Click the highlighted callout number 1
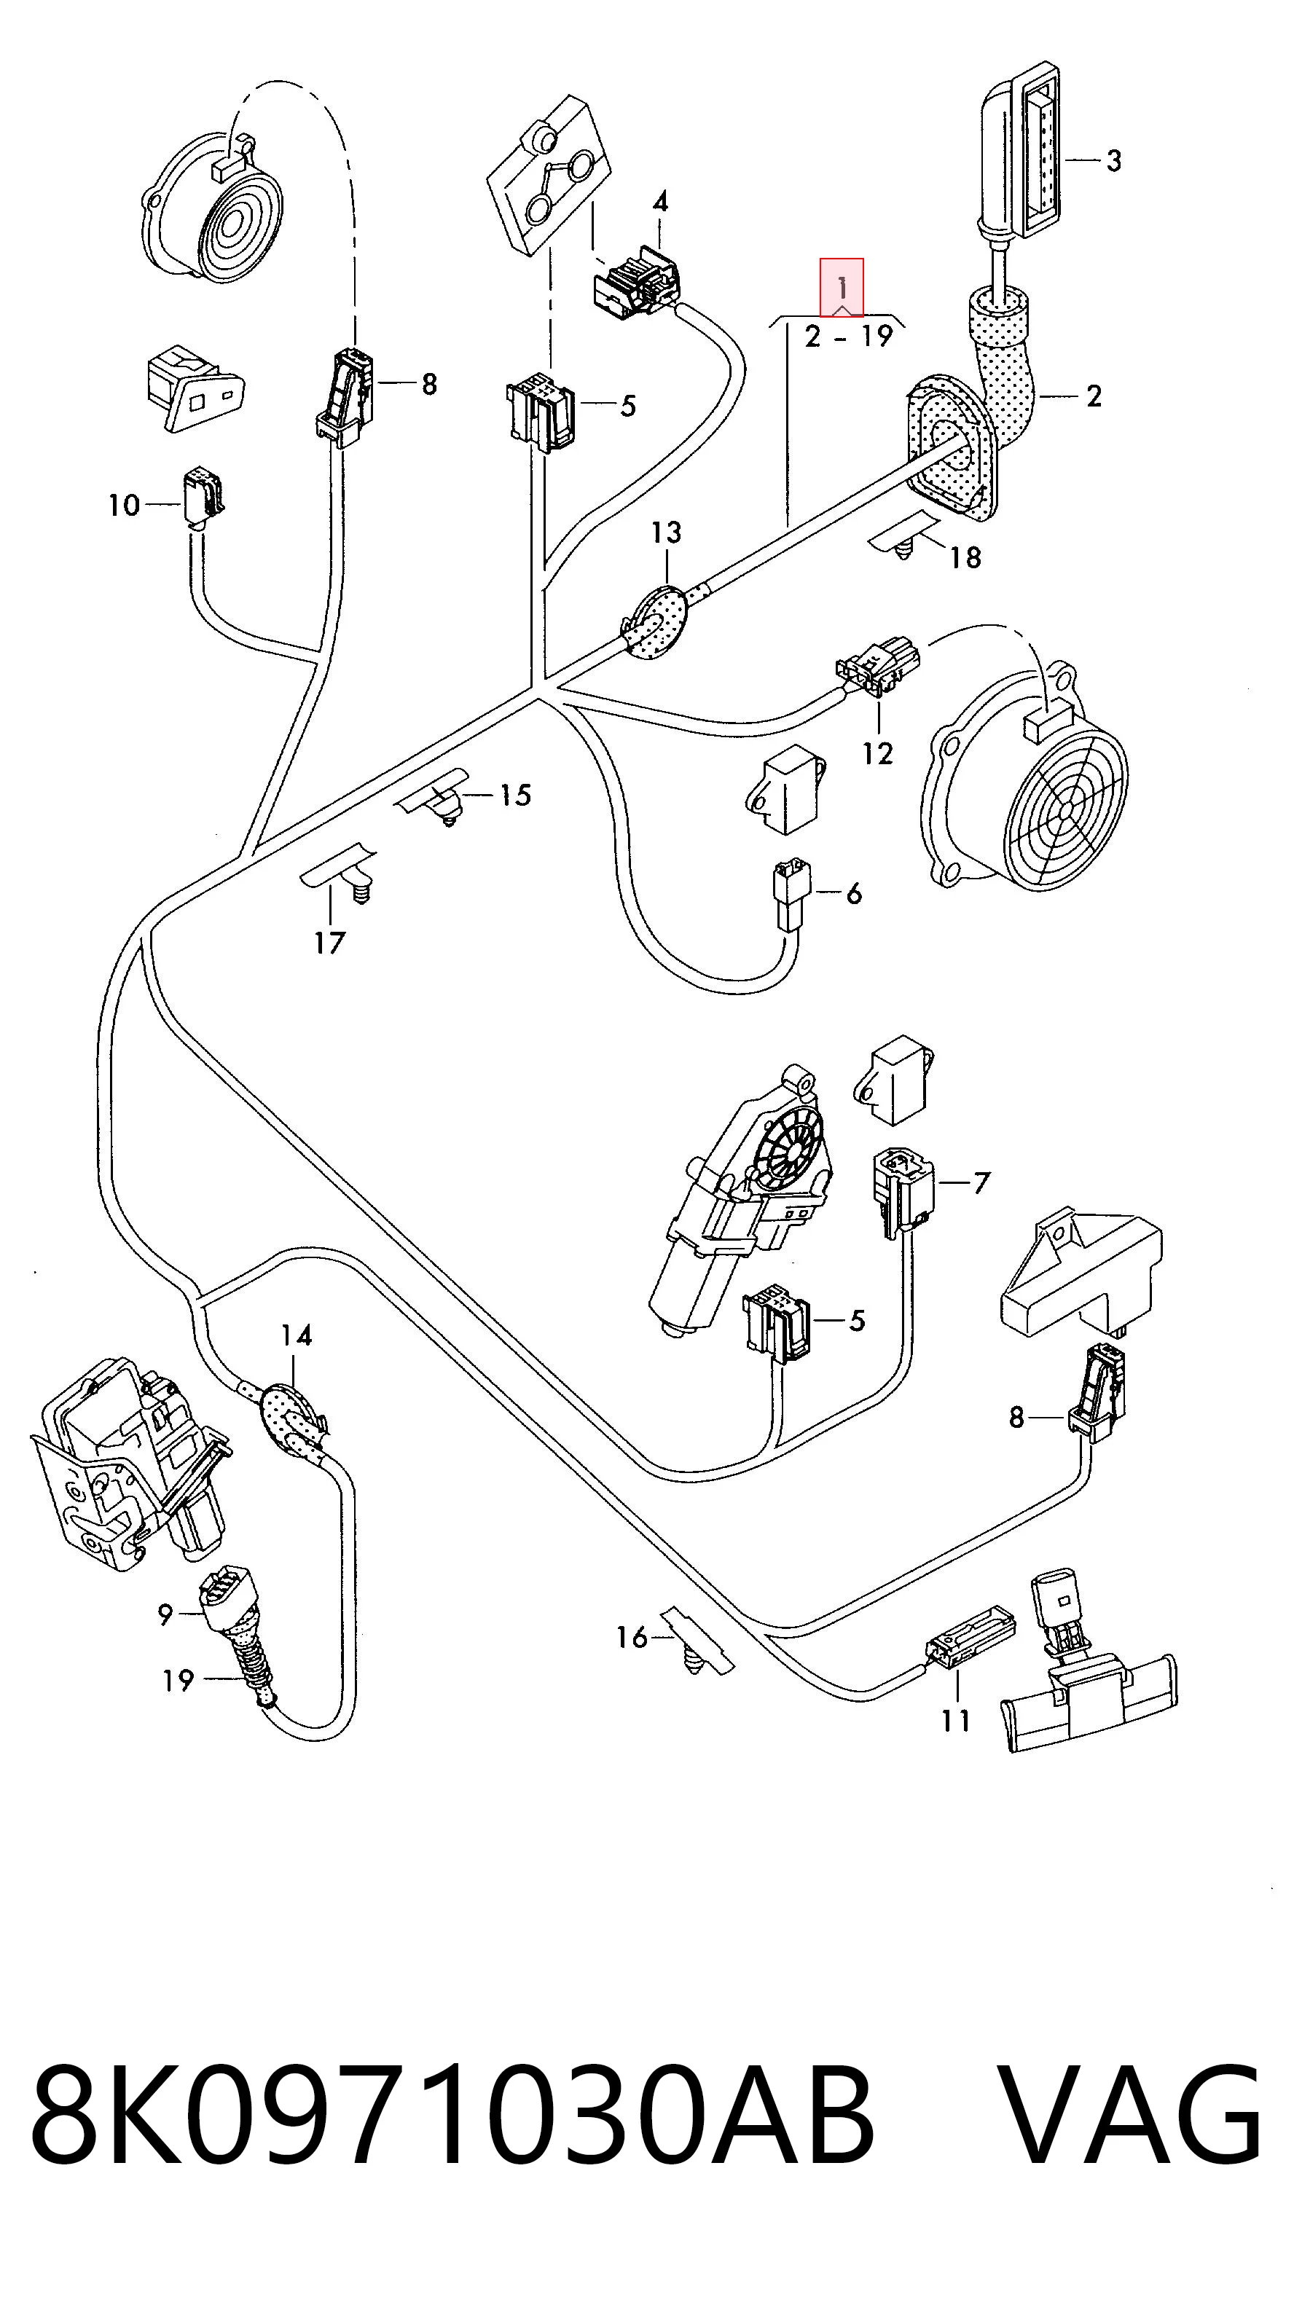(x=842, y=287)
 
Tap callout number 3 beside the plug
(x=1114, y=162)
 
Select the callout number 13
(x=666, y=533)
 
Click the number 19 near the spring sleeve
(x=179, y=1681)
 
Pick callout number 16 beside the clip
(x=632, y=1636)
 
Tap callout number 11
(x=955, y=1720)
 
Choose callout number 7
(x=981, y=1183)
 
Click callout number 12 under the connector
(x=877, y=753)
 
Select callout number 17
(x=329, y=943)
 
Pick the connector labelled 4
(x=637, y=280)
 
